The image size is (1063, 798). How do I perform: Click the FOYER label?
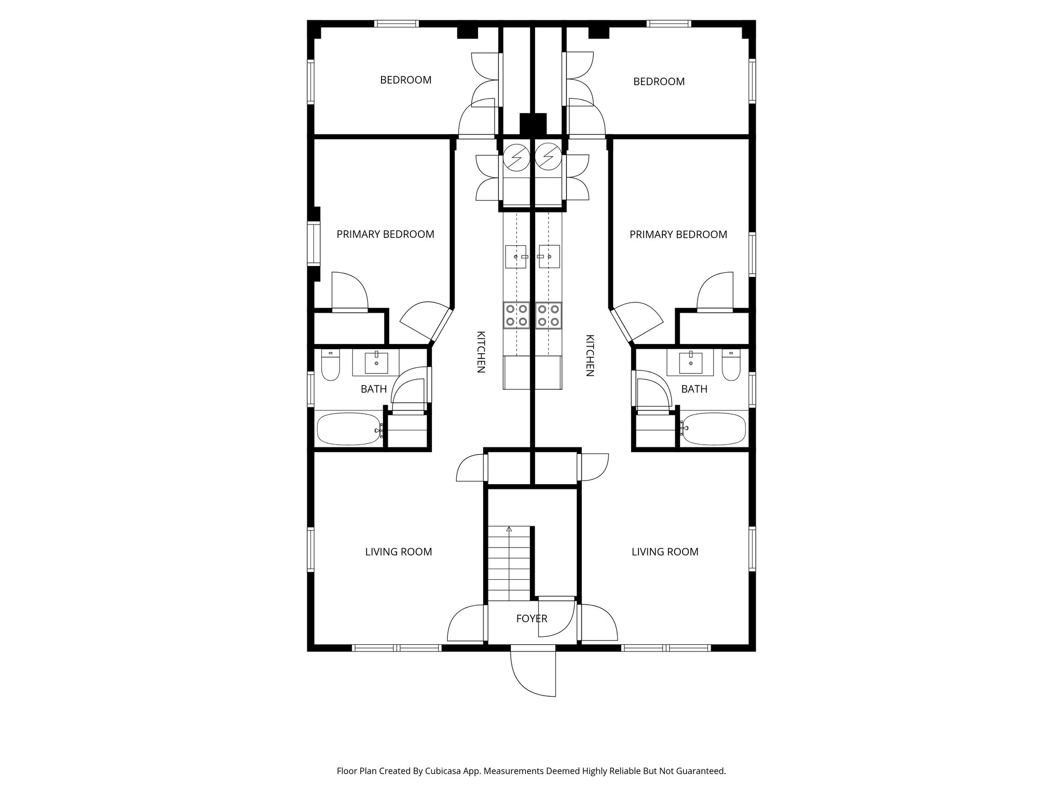coord(531,619)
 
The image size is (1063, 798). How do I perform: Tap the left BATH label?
coord(374,389)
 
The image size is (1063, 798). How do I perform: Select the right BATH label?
coord(694,389)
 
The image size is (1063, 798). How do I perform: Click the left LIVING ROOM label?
coord(399,552)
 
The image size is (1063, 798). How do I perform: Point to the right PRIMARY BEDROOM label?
coord(678,234)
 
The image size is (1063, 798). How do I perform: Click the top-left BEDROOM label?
coord(406,80)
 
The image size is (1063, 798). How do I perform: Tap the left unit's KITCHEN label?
coord(481,352)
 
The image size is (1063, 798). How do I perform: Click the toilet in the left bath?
coord(330,365)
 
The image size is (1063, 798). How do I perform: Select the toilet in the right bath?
coord(731,365)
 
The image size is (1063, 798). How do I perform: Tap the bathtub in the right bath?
coord(713,429)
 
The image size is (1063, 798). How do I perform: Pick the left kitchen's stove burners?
coord(516,315)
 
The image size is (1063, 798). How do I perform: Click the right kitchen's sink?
coord(549,257)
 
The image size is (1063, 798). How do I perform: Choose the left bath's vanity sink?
coord(376,363)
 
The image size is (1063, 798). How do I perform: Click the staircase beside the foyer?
coord(509,564)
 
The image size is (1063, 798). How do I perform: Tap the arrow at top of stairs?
coord(509,529)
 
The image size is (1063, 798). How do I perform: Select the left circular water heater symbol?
coord(517,157)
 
